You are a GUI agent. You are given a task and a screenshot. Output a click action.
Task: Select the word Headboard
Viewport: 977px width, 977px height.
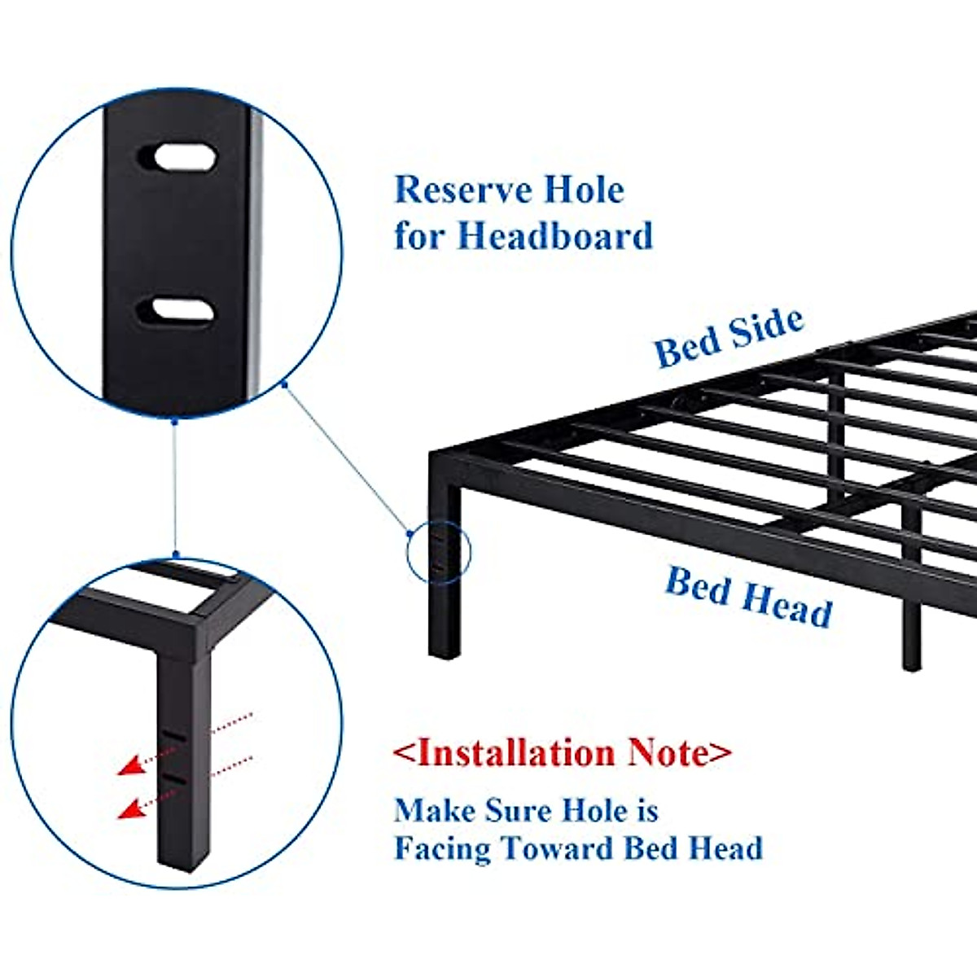pyautogui.click(x=554, y=236)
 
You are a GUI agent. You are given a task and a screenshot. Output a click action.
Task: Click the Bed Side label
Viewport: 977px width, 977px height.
pyautogui.click(x=729, y=337)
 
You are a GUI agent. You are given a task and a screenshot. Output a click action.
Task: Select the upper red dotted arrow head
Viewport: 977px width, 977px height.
pyautogui.click(x=126, y=765)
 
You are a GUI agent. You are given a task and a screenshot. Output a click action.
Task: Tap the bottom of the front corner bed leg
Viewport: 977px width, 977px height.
pyautogui.click(x=444, y=651)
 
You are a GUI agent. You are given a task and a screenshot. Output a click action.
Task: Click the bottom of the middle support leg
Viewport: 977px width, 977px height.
pyautogui.click(x=912, y=663)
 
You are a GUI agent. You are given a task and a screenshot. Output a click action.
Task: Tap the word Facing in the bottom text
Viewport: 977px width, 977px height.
pyautogui.click(x=442, y=848)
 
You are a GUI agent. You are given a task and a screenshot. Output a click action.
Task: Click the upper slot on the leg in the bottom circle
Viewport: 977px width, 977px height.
pyautogui.click(x=173, y=734)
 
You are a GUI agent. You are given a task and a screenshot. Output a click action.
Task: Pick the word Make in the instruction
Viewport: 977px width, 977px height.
pyautogui.click(x=435, y=811)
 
